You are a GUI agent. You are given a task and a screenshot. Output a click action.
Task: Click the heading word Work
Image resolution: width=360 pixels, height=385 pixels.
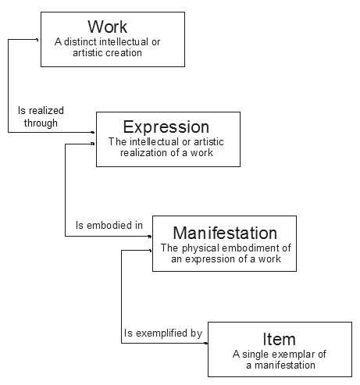(107, 27)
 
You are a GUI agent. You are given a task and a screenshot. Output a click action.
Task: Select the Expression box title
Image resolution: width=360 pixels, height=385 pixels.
(166, 127)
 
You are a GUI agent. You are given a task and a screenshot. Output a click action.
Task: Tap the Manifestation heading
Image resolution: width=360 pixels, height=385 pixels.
(225, 233)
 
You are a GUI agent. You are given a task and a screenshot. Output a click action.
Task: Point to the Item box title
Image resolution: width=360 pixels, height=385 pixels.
(279, 339)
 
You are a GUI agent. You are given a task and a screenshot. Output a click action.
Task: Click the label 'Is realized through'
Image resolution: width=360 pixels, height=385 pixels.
(41, 117)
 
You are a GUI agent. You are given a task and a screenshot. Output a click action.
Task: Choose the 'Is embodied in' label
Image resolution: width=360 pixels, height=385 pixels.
(109, 225)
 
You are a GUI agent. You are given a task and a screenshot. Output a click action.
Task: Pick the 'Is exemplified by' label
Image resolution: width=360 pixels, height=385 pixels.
(163, 333)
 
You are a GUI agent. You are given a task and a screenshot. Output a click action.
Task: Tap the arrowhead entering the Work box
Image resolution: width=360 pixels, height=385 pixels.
(37, 40)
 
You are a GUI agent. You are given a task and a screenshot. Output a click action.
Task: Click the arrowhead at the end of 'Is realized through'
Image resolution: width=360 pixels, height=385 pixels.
(93, 132)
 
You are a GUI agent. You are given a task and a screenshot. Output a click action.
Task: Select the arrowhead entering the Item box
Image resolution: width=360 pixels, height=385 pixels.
(206, 343)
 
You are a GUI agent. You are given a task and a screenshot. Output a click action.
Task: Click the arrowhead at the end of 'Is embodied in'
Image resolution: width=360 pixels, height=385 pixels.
(149, 237)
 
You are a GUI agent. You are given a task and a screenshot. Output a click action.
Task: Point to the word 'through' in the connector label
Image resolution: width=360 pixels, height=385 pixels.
(41, 123)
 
